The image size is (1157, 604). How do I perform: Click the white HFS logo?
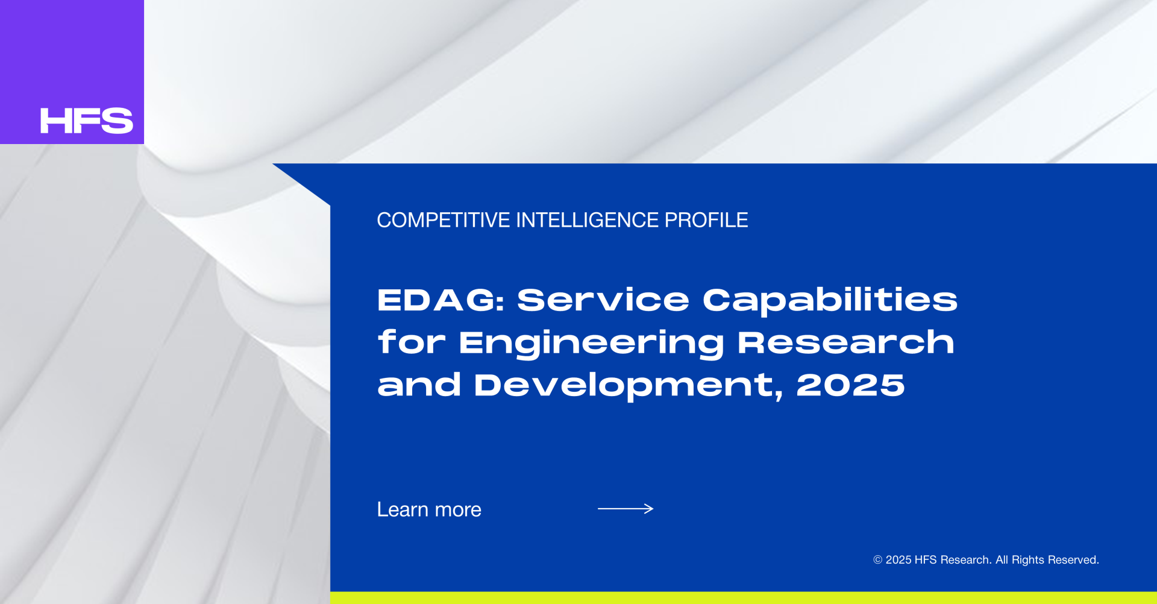[x=87, y=121]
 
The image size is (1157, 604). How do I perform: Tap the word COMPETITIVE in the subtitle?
[x=444, y=220]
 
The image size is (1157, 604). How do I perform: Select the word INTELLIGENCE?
[x=588, y=220]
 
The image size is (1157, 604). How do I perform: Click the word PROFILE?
[x=706, y=220]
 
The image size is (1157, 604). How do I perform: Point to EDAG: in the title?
[x=441, y=300]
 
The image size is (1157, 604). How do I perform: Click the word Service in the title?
[x=603, y=300]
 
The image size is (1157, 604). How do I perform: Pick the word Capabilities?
[x=830, y=300]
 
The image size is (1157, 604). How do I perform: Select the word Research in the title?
[x=846, y=342]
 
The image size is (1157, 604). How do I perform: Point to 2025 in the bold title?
[x=850, y=385]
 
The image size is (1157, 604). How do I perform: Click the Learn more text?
[x=429, y=509]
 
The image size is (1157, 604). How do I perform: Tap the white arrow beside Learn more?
[x=626, y=509]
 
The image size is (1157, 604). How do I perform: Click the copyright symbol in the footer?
[x=878, y=560]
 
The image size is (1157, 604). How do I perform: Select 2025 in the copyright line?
[x=898, y=560]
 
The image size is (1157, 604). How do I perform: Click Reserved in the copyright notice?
[x=1073, y=560]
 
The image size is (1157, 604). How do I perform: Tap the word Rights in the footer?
[x=1028, y=560]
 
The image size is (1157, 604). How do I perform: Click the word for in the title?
[x=412, y=342]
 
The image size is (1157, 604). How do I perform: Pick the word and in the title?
[x=419, y=385]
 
